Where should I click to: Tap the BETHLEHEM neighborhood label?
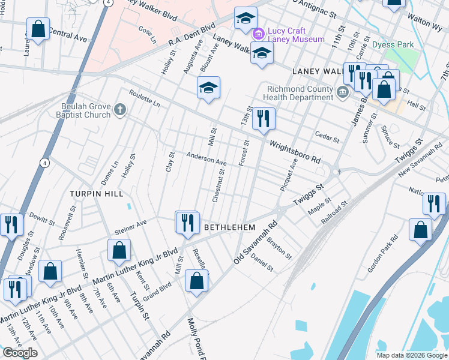click(230, 228)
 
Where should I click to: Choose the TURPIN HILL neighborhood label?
click(96, 194)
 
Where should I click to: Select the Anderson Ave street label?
click(206, 159)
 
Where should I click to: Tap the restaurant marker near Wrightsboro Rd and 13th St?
click(264, 118)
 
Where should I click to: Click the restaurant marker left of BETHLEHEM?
click(187, 223)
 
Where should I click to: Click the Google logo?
click(20, 353)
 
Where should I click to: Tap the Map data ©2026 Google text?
click(412, 355)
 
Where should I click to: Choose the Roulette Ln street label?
click(145, 98)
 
